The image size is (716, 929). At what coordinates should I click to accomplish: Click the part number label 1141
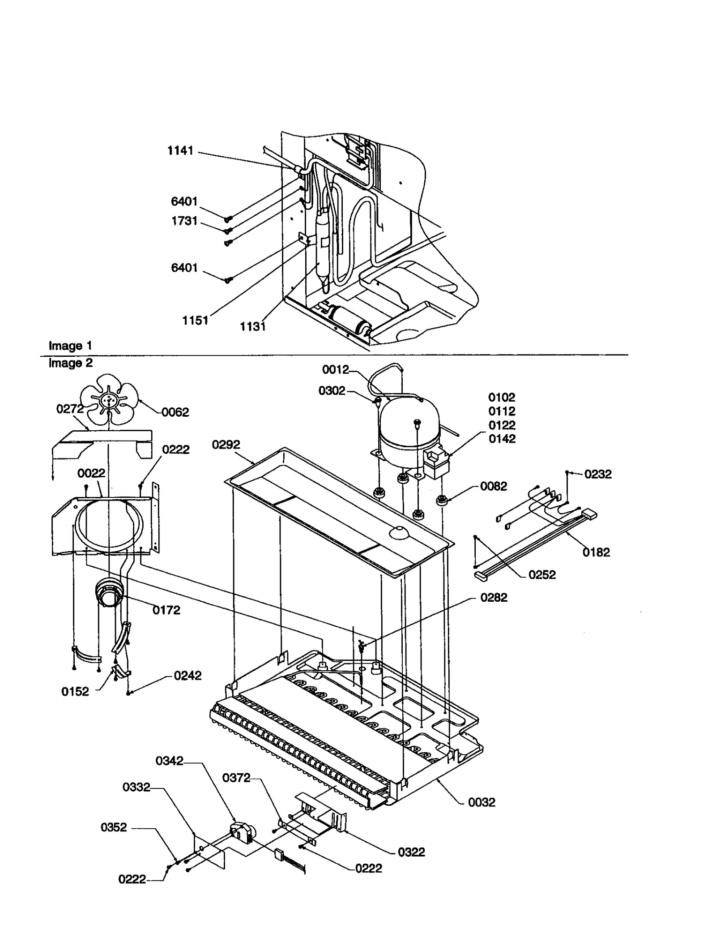point(180,150)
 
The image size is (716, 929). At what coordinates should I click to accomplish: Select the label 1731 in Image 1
point(184,221)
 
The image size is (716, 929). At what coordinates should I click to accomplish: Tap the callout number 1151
point(195,320)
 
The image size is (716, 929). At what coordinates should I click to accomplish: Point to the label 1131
point(252,326)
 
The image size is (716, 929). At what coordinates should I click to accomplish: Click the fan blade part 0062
point(109,399)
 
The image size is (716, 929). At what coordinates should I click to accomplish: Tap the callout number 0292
point(226,445)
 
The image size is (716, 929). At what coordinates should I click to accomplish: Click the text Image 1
point(70,346)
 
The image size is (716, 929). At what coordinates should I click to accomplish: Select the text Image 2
point(70,363)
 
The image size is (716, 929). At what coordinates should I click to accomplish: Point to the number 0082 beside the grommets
point(494,486)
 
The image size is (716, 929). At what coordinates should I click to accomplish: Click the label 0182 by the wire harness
point(596,552)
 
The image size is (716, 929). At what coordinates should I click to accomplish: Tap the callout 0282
point(494,597)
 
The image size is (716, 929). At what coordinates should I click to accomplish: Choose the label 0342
point(169,761)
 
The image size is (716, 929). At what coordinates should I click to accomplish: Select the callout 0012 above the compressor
point(335,369)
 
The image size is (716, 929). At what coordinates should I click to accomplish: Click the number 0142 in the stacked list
point(502,439)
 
